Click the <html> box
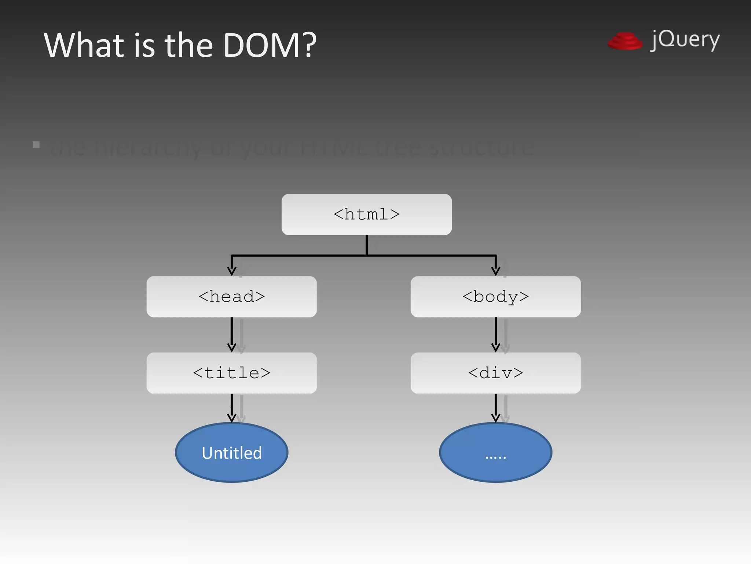[366, 214]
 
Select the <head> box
[231, 297]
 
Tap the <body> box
[495, 297]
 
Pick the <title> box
[231, 373]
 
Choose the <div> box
[495, 373]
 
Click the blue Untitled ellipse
[231, 453]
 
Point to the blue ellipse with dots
[495, 453]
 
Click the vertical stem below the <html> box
[366, 245]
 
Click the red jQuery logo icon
[625, 41]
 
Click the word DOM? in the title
[270, 46]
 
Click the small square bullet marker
[36, 145]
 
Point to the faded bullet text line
[292, 148]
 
